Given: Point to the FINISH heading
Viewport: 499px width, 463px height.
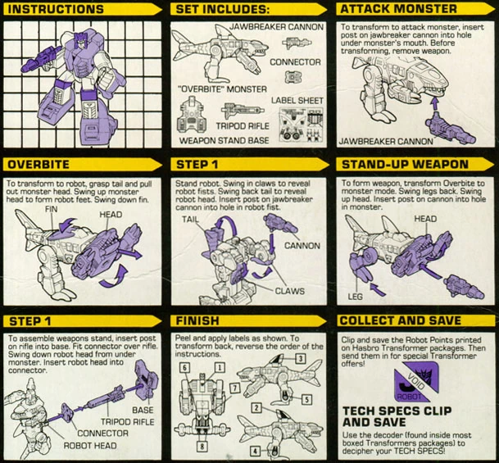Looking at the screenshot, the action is [x=197, y=320].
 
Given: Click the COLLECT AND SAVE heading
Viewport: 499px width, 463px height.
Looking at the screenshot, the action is [x=401, y=320].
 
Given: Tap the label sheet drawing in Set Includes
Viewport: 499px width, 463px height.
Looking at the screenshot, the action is [x=301, y=125].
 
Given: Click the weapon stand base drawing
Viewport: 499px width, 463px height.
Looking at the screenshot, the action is [x=191, y=115].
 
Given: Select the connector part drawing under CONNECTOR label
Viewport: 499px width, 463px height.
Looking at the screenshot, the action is [x=293, y=77].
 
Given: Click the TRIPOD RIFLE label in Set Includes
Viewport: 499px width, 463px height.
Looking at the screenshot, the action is [x=243, y=126].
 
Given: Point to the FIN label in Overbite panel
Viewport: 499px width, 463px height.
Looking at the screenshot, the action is [x=52, y=209].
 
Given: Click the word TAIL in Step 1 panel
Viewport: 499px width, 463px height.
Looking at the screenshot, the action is [x=190, y=220].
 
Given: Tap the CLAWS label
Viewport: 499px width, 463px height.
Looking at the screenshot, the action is [x=289, y=291].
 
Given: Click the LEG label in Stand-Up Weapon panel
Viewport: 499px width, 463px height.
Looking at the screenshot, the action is [x=355, y=297].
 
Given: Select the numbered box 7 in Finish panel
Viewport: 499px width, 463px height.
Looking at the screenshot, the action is [x=234, y=388].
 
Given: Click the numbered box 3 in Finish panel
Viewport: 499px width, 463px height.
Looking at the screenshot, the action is [x=300, y=359].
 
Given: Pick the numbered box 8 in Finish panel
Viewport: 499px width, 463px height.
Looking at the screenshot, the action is [x=202, y=446].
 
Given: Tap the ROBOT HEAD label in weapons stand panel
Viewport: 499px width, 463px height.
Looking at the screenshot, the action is [x=90, y=446].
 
